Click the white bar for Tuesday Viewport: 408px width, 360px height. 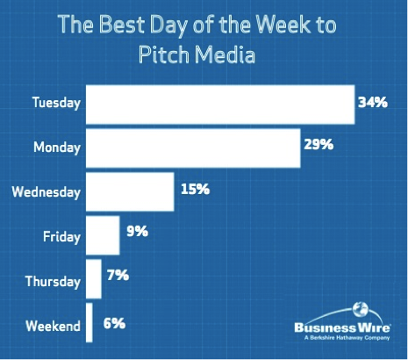[x=219, y=104]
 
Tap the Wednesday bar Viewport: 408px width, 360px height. [x=130, y=191]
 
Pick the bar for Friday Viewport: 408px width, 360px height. [x=103, y=235]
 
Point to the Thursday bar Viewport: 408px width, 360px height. [x=95, y=280]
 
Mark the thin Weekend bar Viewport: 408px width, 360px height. [x=89, y=325]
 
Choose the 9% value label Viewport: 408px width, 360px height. [x=136, y=234]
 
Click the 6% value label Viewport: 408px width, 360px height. [x=114, y=323]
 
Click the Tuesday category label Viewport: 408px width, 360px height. [x=55, y=104]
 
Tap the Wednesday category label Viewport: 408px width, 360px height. [x=47, y=191]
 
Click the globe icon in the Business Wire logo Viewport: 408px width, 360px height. [x=360, y=311]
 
